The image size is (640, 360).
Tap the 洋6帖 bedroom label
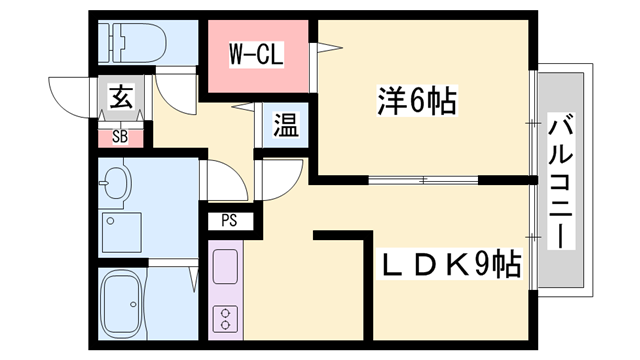(417, 100)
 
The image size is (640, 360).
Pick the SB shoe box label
(120, 135)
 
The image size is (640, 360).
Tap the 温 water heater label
(286, 127)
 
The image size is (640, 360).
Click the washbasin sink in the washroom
(118, 183)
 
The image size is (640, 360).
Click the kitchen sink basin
(226, 267)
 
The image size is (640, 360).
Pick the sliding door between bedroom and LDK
(425, 181)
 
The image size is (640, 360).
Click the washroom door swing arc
(225, 180)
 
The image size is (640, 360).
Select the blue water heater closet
(285, 127)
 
